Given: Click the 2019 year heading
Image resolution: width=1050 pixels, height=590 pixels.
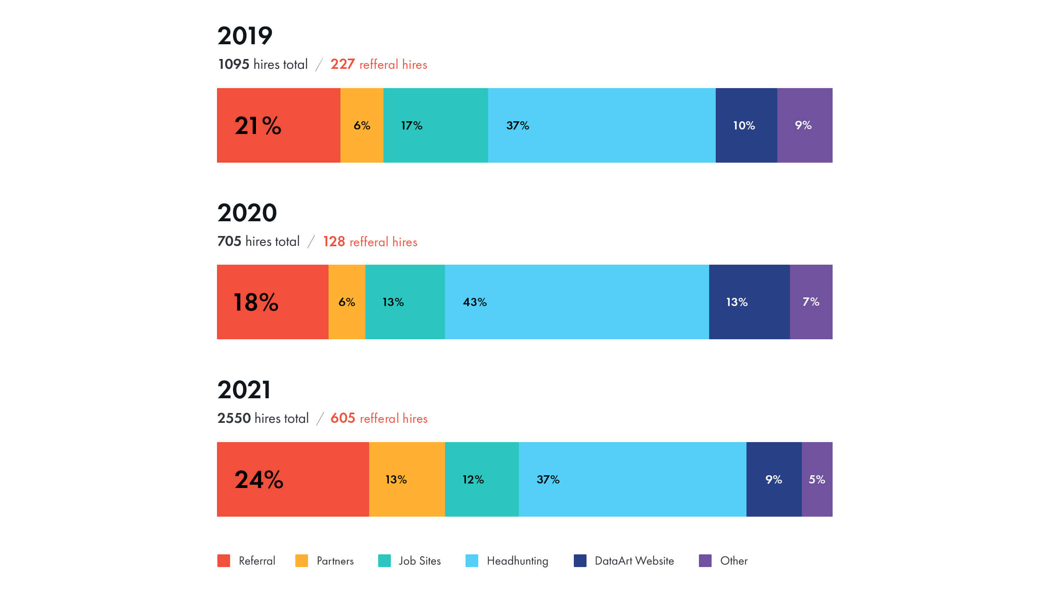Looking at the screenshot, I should pos(245,36).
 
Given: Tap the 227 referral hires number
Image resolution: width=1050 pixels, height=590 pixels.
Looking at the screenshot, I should pos(342,64).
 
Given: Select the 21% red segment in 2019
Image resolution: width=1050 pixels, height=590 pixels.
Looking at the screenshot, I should pos(278,125).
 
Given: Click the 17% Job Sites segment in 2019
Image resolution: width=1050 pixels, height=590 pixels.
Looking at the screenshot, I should pos(436,125).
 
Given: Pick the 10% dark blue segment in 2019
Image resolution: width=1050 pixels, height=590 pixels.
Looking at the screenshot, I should pos(746,125).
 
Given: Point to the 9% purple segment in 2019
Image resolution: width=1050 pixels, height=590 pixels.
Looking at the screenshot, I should pos(804,125).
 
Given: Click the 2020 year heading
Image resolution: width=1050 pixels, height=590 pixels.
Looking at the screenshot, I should pos(247,213).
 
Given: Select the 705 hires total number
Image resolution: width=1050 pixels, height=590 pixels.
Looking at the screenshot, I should pos(229,241).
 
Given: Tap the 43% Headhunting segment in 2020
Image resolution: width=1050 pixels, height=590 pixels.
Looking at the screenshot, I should pos(577,302).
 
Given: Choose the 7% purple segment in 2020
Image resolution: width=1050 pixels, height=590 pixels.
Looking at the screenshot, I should pos(811,302).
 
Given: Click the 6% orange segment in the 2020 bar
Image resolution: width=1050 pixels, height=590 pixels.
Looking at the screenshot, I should pos(347,302).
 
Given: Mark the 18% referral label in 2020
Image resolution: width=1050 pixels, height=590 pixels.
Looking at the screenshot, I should pos(256,302).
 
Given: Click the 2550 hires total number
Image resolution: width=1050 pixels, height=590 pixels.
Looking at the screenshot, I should pos(234,418).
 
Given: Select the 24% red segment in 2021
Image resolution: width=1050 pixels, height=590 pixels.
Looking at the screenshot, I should pos(293,479).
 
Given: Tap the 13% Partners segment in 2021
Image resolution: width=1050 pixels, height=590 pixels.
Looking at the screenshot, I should pos(406,479).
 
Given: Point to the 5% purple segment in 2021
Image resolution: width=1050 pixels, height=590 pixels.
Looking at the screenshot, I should pos(817,479).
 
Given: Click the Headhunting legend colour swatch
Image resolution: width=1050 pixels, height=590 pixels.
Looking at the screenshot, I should pos(472,560).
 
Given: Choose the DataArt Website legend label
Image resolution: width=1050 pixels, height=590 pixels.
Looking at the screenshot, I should pos(634,561).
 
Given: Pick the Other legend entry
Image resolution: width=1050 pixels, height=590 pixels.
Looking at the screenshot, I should pos(733,561).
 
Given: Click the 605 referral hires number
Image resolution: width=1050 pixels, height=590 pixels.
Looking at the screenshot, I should pos(343,418).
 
